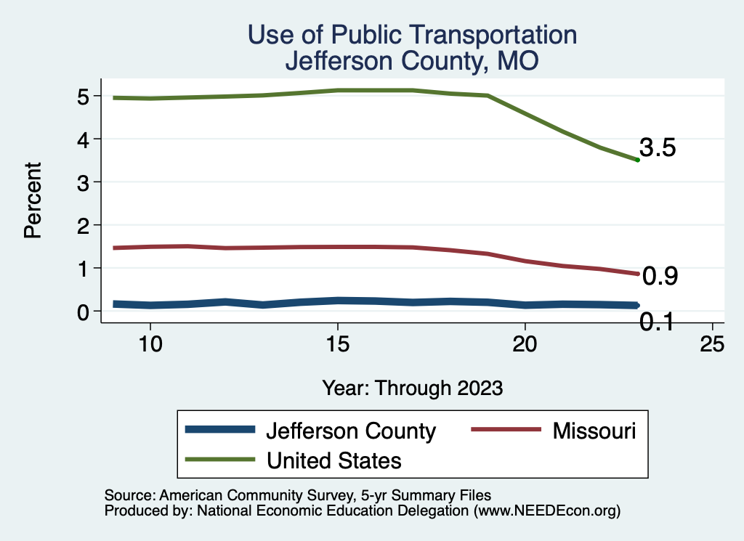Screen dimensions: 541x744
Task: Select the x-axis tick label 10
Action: (x=150, y=343)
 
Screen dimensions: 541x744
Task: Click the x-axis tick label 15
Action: (x=337, y=343)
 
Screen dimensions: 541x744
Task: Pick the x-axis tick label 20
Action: (x=525, y=343)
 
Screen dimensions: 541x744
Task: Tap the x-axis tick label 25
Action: (x=712, y=343)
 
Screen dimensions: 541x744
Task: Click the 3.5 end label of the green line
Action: (x=658, y=148)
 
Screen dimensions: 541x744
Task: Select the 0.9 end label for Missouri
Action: (x=661, y=276)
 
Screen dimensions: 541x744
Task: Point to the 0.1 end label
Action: (x=657, y=321)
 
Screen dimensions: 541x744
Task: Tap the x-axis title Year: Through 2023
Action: (x=412, y=388)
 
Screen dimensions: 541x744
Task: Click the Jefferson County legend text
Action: (x=351, y=431)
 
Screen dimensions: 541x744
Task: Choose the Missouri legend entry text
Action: (x=594, y=431)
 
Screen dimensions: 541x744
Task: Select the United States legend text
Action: (x=334, y=460)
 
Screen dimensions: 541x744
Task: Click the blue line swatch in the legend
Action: (x=221, y=430)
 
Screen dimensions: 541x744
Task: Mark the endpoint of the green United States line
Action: (x=637, y=160)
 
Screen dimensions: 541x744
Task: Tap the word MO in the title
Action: (x=517, y=61)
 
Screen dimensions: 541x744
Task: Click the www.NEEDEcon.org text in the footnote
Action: (x=546, y=511)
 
